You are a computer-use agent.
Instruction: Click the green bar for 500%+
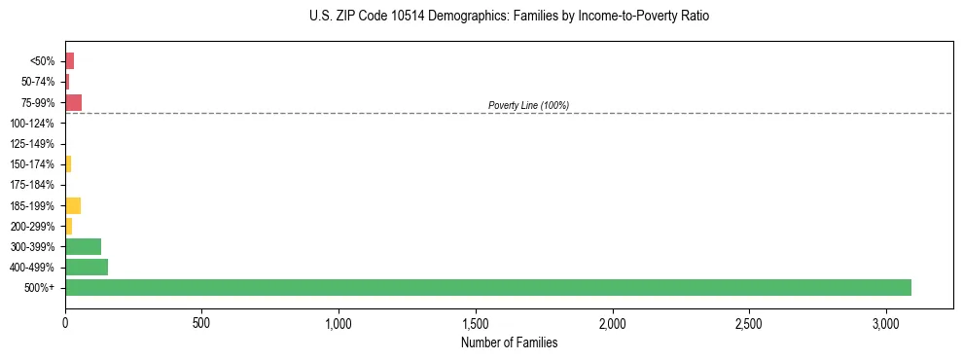486,287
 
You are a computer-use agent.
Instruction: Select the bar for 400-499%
87,267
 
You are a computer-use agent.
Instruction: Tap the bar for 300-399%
83,246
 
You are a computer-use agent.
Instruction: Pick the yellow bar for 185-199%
73,205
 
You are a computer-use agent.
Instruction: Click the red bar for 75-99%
73,102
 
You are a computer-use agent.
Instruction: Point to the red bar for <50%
69,60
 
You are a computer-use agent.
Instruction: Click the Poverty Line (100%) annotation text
528,105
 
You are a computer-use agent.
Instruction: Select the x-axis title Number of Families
509,342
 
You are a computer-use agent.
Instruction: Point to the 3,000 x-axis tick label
886,322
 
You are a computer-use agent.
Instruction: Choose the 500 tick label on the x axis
201,322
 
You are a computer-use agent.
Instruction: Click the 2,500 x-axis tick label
750,322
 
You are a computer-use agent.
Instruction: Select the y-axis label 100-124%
32,123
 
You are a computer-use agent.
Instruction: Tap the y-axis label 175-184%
32,185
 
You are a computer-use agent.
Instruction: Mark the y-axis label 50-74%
37,82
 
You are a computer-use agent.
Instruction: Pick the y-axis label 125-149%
32,143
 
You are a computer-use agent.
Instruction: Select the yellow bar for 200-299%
68,226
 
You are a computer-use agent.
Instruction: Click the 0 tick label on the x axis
65,322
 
